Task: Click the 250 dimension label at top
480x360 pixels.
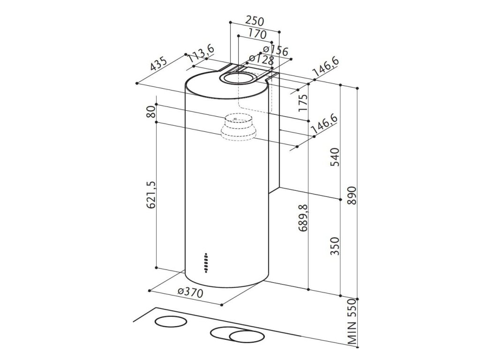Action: (x=255, y=21)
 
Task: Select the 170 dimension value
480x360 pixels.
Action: (x=257, y=34)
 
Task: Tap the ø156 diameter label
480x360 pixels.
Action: (x=275, y=50)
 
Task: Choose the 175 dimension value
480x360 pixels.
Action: (x=303, y=102)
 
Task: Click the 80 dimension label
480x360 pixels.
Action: (x=150, y=112)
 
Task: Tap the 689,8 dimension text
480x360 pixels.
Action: (x=303, y=218)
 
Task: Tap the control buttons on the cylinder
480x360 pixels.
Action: (x=206, y=263)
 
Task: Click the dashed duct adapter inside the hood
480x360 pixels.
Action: (x=238, y=128)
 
